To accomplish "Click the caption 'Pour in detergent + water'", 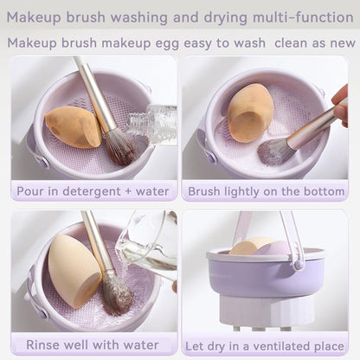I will click(x=93, y=191).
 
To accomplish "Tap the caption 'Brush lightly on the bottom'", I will click(x=265, y=191).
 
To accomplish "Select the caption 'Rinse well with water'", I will click(x=93, y=344).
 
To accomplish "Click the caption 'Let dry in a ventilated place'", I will click(x=265, y=344).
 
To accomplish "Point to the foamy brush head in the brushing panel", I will click(x=276, y=152).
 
